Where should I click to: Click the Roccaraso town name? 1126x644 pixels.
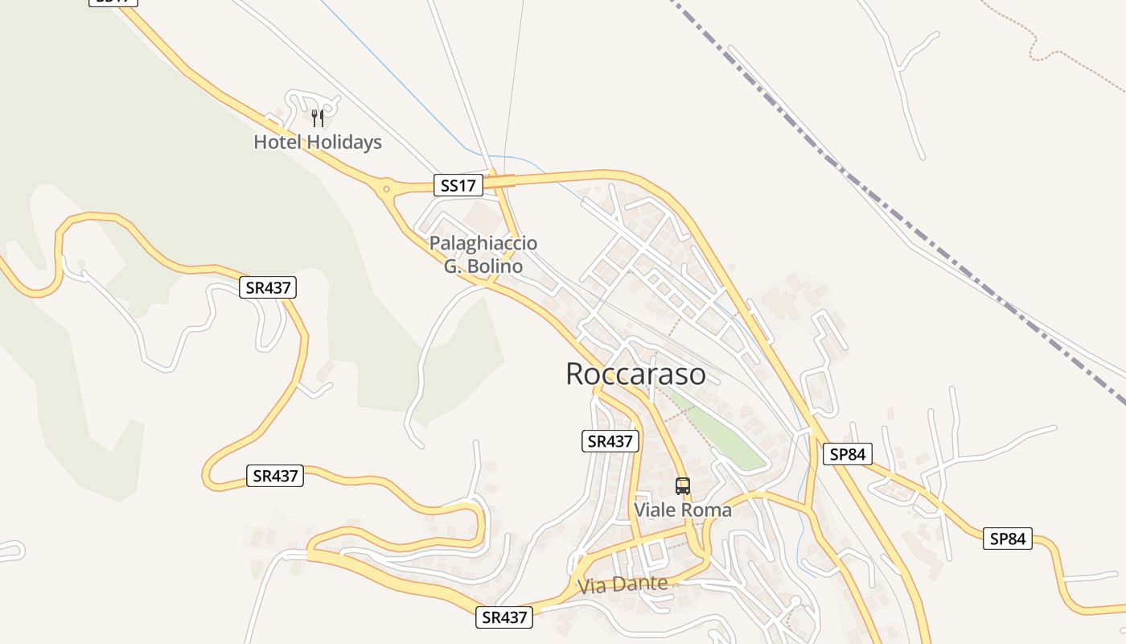(x=635, y=374)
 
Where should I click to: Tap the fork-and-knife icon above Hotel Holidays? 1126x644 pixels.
(x=318, y=118)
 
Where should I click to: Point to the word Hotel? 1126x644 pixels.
(x=277, y=142)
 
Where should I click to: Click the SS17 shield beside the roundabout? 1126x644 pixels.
(x=458, y=185)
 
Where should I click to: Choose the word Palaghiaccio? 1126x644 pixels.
(x=483, y=243)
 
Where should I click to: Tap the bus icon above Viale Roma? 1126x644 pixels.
(x=683, y=486)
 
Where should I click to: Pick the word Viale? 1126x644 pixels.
(x=655, y=510)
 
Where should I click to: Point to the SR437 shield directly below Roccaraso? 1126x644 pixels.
(x=610, y=440)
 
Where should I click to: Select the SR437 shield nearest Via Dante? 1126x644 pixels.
(x=504, y=617)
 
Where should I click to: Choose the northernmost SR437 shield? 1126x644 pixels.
(x=268, y=287)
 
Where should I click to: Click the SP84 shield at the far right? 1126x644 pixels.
(x=1007, y=539)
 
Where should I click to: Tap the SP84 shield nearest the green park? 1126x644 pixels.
(x=847, y=454)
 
